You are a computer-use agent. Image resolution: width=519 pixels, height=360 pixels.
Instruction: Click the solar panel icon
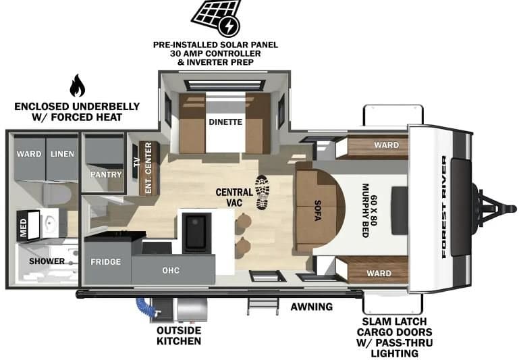tap(216, 17)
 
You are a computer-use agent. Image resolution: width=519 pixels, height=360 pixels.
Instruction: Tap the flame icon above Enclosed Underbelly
tap(77, 86)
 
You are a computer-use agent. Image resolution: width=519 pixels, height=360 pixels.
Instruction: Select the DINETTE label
tap(225, 122)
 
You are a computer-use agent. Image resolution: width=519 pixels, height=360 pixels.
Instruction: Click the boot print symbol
tap(263, 192)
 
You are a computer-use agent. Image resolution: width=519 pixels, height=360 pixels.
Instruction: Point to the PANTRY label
tap(106, 174)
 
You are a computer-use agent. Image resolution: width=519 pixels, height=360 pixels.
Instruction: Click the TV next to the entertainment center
tap(136, 161)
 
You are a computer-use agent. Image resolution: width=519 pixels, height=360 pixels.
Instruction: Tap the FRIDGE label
tap(105, 261)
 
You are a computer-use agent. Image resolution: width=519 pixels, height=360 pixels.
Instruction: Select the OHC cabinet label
tap(171, 270)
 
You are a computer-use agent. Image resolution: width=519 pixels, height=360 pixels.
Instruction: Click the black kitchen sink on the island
tap(196, 232)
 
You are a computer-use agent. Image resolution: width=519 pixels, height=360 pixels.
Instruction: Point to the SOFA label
tap(317, 210)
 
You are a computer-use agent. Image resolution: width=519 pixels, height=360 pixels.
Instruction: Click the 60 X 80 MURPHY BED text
tap(369, 210)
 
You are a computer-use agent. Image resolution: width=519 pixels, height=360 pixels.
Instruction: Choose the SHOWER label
tap(47, 261)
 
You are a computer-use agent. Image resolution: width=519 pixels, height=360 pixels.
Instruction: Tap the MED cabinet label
tap(23, 227)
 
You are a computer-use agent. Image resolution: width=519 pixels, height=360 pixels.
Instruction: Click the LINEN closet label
tap(62, 154)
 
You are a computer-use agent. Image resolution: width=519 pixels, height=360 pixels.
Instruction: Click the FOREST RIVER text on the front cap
tap(444, 207)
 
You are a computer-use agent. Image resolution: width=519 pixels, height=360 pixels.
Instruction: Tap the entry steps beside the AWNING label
tap(263, 306)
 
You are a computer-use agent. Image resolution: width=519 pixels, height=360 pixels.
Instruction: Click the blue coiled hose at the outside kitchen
tap(145, 307)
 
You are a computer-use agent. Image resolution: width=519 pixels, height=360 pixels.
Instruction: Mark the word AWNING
tap(311, 307)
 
